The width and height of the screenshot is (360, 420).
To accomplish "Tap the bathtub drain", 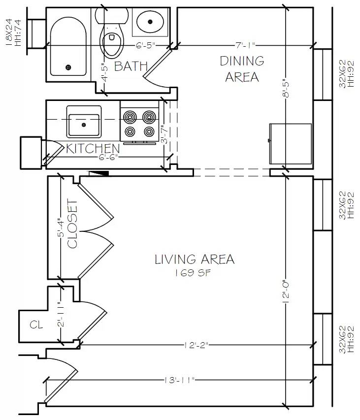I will click(x=68, y=67).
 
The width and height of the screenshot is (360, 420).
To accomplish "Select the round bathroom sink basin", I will click(x=151, y=21).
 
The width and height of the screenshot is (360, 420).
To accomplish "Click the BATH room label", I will click(x=131, y=66).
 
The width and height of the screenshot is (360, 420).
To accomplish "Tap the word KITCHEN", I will click(x=93, y=148).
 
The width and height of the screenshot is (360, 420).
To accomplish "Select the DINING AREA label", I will click(x=242, y=69).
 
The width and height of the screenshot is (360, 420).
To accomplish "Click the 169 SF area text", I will click(x=194, y=273).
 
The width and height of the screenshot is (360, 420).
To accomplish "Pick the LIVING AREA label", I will click(x=195, y=259).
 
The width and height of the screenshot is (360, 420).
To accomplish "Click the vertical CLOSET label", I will click(x=72, y=224).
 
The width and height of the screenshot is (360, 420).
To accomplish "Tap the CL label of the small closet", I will click(x=36, y=324).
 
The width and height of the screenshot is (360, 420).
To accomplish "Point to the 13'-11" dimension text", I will click(x=179, y=380).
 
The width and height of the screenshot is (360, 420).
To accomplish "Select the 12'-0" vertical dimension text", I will click(x=286, y=291).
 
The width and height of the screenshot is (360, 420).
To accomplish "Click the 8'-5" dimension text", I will click(x=286, y=89).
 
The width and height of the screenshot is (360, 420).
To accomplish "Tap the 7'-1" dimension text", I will click(x=245, y=46).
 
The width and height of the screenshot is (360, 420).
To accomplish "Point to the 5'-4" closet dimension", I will click(x=60, y=227).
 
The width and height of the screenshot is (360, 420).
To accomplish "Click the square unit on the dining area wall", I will click(x=291, y=144).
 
